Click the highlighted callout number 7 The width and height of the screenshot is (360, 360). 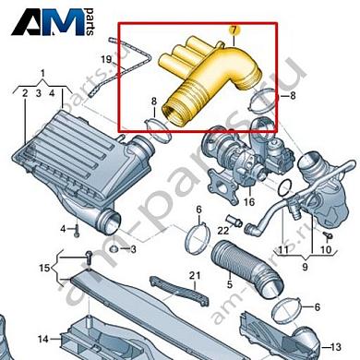(x=234, y=30)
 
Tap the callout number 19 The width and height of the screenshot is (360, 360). (x=106, y=59)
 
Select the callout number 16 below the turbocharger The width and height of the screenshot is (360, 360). (x=248, y=202)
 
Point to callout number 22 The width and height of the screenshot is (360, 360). (x=223, y=230)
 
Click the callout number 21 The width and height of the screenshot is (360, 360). (x=195, y=275)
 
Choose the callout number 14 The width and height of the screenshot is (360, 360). (x=43, y=339)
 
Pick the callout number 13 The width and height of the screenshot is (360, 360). (x=336, y=347)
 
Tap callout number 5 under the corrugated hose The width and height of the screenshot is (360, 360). (x=230, y=284)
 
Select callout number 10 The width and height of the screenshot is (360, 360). (x=327, y=249)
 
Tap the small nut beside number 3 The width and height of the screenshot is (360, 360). (x=114, y=248)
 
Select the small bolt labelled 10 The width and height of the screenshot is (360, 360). (x=329, y=235)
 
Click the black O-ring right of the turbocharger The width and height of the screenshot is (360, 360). (x=285, y=187)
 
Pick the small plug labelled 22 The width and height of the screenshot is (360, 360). (x=234, y=222)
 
